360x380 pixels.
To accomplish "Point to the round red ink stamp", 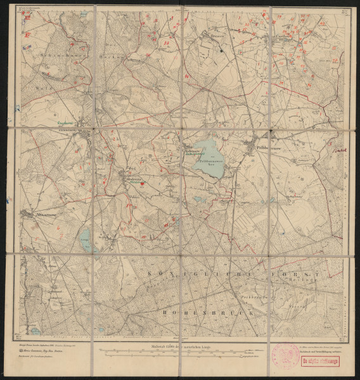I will point(285,357).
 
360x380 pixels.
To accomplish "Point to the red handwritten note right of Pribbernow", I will point(338,150).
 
